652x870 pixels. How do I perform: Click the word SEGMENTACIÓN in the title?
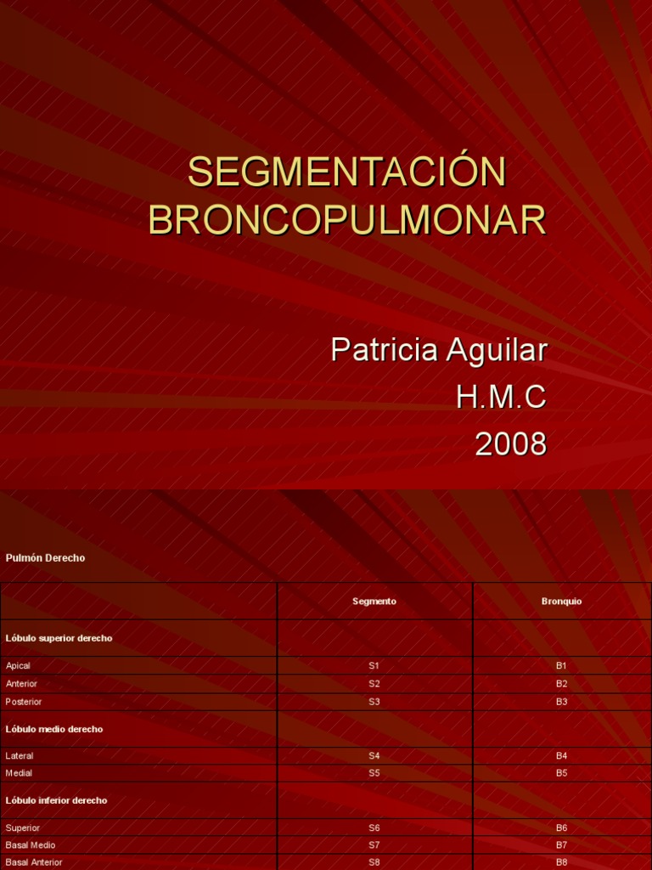pos(346,172)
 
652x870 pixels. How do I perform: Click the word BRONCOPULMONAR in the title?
pos(346,220)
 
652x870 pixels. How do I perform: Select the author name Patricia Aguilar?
pos(439,350)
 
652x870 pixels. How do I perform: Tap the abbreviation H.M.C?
pos(501,397)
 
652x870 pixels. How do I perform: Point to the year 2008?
pos(511,444)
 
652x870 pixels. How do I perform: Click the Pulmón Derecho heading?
pos(45,558)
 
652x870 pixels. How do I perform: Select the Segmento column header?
pos(374,602)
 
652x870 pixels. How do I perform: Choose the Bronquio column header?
pos(561,602)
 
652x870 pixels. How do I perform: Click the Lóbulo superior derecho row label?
pos(59,638)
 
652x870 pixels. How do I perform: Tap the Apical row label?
pos(18,666)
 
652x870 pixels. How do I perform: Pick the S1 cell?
pos(374,666)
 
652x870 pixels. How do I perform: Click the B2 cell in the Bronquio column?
pos(561,684)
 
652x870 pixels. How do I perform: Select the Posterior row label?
pos(24,702)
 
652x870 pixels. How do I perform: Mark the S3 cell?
pos(374,702)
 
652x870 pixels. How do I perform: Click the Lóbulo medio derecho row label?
pos(54,729)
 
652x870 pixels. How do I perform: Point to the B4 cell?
pos(561,755)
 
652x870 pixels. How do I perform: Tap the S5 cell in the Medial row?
pos(374,773)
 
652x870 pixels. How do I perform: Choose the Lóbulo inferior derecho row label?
pos(56,800)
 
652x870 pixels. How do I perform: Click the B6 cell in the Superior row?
pos(561,828)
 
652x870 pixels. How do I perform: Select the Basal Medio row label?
pos(29,845)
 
